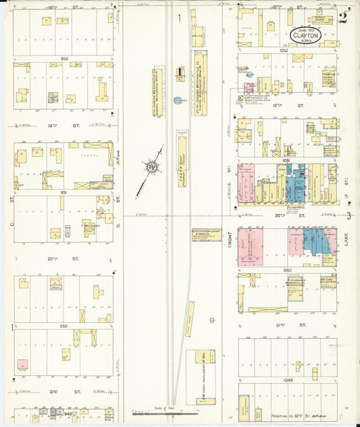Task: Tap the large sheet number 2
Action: [344, 18]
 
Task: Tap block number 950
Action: [64, 326]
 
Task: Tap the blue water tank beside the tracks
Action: [178, 100]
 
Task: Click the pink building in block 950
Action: [23, 364]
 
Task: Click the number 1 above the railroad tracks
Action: [180, 18]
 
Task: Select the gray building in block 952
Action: [52, 97]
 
